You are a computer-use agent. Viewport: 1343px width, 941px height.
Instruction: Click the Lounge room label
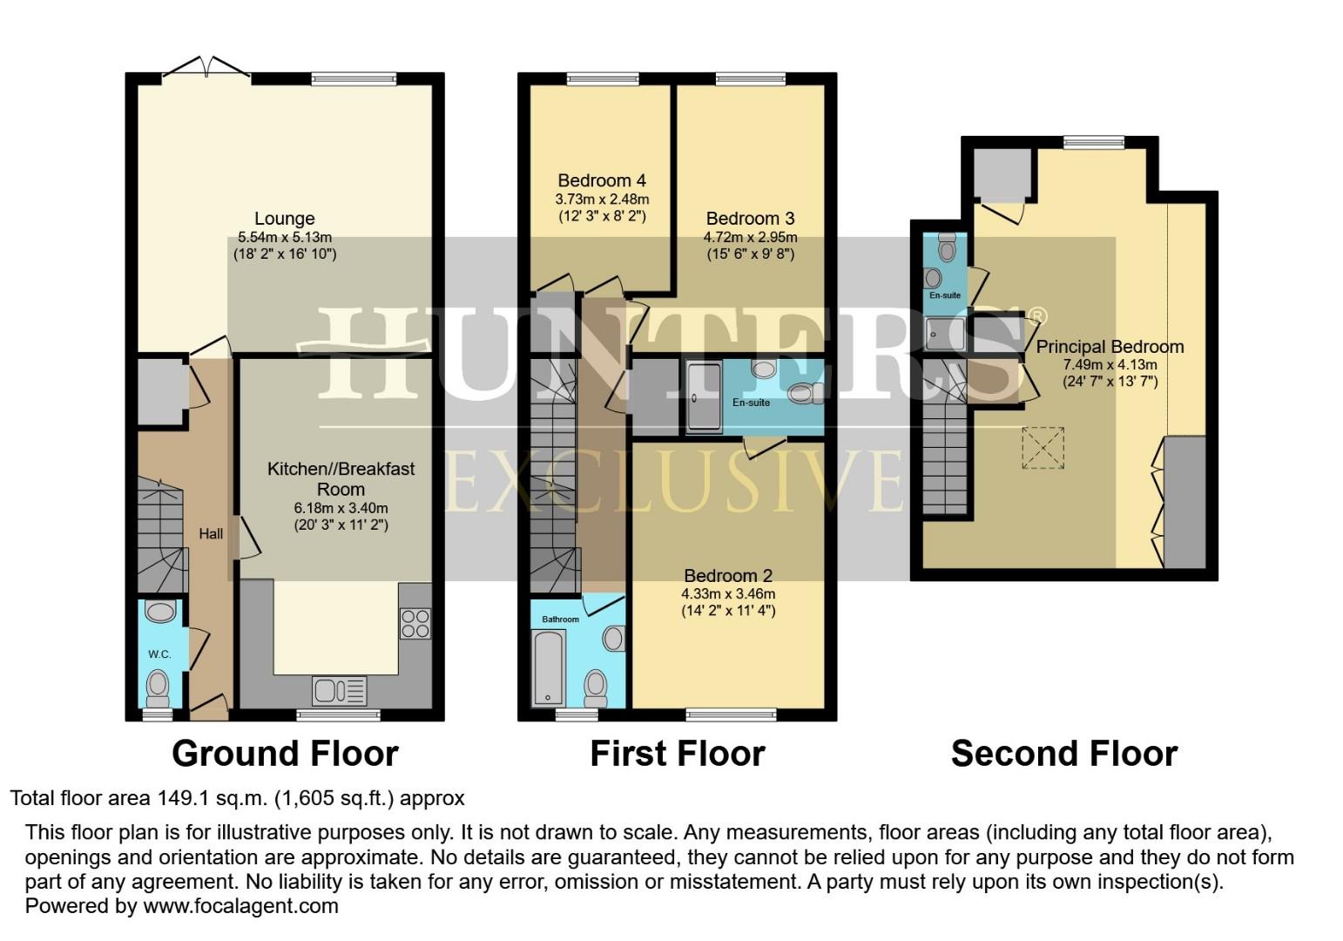(284, 219)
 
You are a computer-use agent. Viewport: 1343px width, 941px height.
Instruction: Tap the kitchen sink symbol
(339, 691)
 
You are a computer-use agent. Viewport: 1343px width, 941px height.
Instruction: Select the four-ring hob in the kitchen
(415, 624)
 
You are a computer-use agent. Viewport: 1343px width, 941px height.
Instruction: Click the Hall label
(211, 534)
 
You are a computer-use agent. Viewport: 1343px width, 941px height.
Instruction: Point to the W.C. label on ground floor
(159, 654)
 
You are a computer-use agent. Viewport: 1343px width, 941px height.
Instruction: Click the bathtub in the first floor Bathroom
(550, 668)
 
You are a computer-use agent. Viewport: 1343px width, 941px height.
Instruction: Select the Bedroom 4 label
(602, 180)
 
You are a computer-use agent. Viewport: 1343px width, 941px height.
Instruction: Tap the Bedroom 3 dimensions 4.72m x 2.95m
(750, 237)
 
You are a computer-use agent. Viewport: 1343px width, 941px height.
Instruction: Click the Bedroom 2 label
(728, 575)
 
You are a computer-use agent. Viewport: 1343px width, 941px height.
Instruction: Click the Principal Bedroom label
(1110, 347)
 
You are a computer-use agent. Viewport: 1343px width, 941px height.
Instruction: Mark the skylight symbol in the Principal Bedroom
(1043, 447)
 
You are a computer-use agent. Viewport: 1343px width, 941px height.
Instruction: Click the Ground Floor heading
(285, 754)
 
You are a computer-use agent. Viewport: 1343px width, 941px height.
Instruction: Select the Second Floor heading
(1063, 754)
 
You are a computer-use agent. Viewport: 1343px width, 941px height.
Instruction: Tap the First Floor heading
(677, 754)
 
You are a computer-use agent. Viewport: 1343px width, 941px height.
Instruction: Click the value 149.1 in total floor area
(184, 798)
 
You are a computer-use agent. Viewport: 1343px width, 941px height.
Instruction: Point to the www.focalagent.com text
(240, 905)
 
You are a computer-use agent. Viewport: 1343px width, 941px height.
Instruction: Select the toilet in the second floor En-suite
(947, 247)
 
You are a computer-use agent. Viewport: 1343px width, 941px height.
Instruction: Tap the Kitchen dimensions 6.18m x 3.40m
(341, 508)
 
